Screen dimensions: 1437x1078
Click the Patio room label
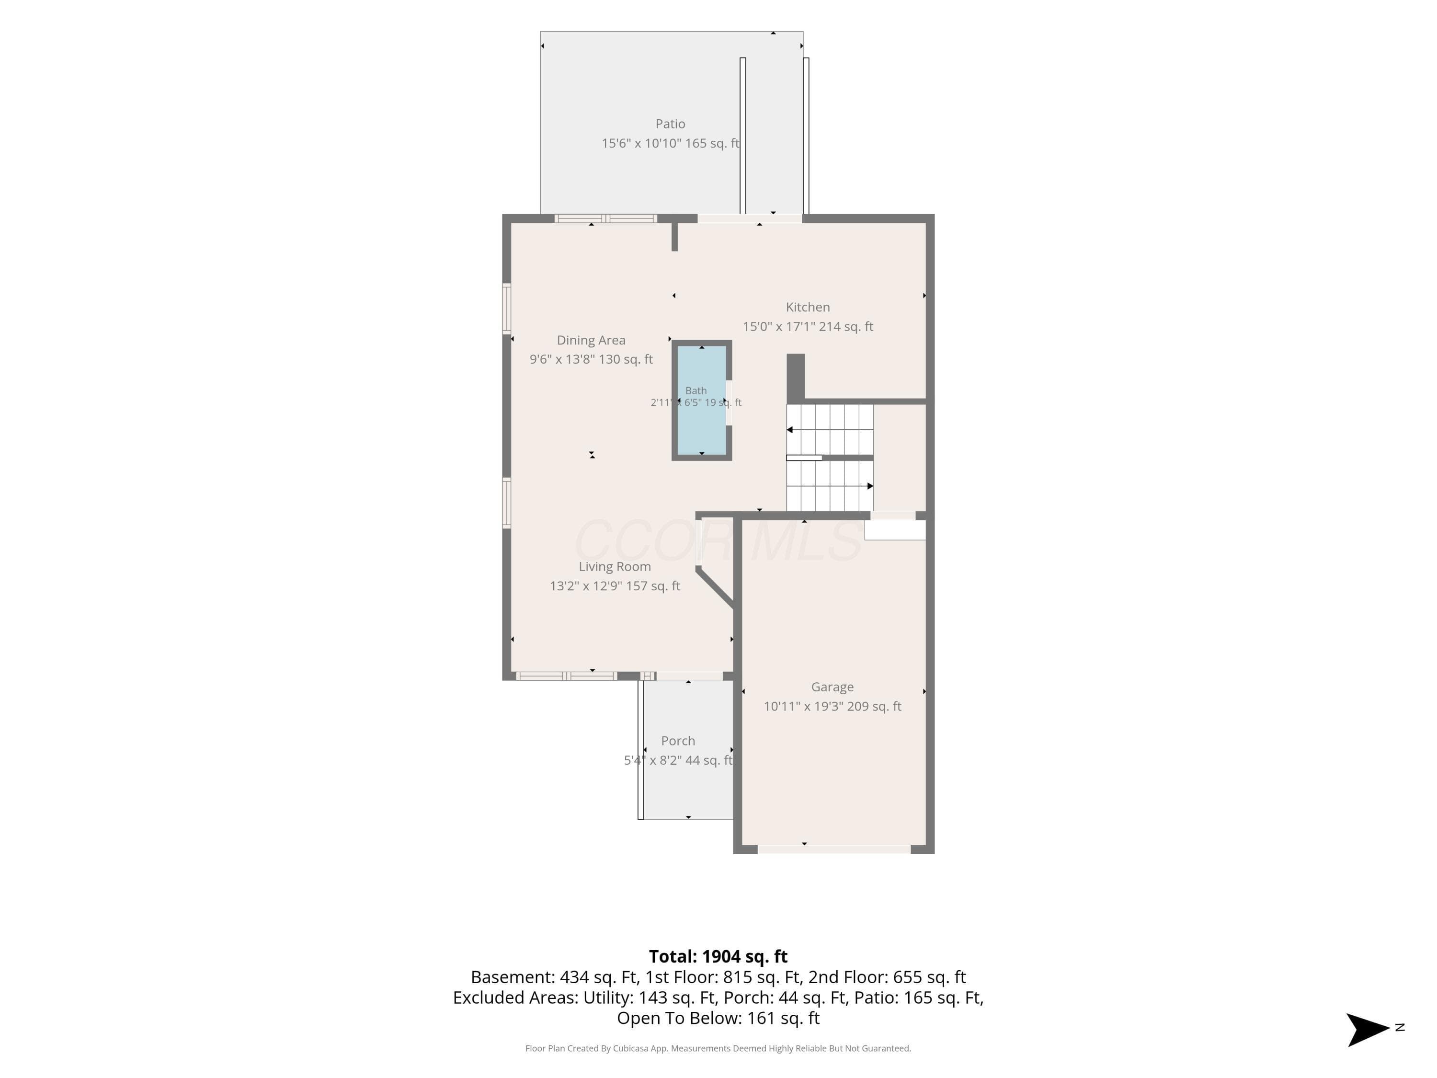click(670, 124)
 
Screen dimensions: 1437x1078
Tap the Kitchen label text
click(808, 307)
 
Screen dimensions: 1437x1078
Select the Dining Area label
click(591, 340)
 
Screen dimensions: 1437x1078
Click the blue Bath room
click(702, 400)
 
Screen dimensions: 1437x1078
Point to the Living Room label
click(615, 567)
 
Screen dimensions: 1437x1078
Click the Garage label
click(832, 687)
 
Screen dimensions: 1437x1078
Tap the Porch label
click(678, 741)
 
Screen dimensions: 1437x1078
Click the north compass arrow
click(1368, 1029)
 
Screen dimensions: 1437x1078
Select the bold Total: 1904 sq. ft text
click(718, 956)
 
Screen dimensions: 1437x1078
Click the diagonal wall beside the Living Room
click(715, 587)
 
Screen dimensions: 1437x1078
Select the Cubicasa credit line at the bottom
click(718, 1048)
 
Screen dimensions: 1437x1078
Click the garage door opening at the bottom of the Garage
click(834, 849)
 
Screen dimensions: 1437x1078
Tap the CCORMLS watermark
click(718, 539)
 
